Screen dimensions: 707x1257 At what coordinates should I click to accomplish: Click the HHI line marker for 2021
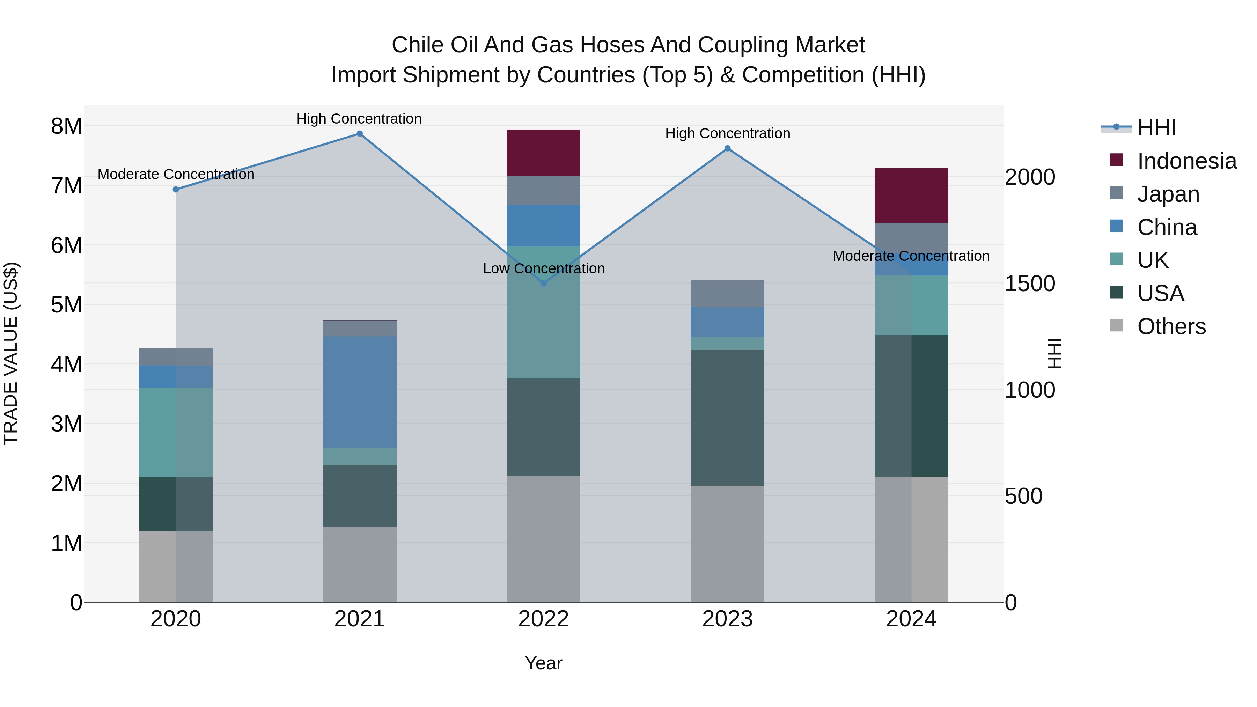click(360, 134)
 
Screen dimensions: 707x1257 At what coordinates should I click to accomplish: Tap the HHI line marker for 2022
click(544, 283)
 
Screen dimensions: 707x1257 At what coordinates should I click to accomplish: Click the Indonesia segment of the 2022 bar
click(544, 153)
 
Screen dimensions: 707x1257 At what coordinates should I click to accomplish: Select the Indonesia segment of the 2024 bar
click(911, 195)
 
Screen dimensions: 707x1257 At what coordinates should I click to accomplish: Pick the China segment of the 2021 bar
click(360, 391)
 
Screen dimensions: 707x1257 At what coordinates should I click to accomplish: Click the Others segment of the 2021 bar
click(360, 564)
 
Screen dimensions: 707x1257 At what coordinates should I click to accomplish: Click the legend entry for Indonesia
click(1186, 161)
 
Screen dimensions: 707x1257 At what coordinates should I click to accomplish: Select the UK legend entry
click(1153, 260)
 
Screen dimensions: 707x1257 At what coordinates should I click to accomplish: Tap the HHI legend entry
click(1156, 128)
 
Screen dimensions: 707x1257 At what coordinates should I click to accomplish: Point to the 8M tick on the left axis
click(66, 126)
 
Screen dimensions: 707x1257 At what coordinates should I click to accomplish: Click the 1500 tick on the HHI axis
click(1030, 283)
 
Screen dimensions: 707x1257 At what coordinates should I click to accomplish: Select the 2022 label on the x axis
click(544, 619)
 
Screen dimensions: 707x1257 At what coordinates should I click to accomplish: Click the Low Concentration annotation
click(544, 268)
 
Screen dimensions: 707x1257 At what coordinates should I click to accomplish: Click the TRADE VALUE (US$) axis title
click(11, 353)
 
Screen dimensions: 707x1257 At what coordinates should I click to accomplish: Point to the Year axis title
click(544, 663)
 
